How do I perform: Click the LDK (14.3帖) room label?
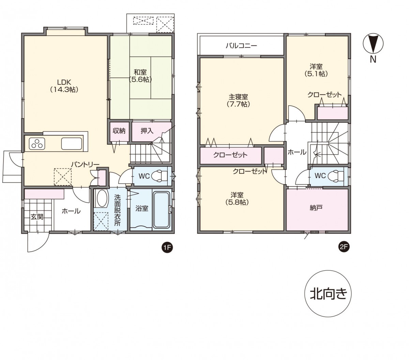(x=64, y=86)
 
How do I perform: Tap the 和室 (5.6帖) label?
(x=140, y=76)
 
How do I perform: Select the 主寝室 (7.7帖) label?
(x=238, y=100)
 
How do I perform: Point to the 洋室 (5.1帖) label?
(x=316, y=70)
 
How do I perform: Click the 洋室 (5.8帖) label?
(x=237, y=199)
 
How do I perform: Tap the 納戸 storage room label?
(x=316, y=208)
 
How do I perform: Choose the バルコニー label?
(x=241, y=46)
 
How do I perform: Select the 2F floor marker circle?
(x=344, y=247)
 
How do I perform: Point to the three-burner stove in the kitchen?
(x=37, y=144)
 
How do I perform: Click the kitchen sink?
(x=72, y=143)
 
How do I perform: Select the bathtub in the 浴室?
(x=162, y=210)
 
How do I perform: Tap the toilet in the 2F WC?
(x=336, y=175)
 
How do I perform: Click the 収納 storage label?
(x=119, y=131)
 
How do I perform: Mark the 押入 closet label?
(x=147, y=131)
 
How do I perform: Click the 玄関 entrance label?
(x=37, y=217)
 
